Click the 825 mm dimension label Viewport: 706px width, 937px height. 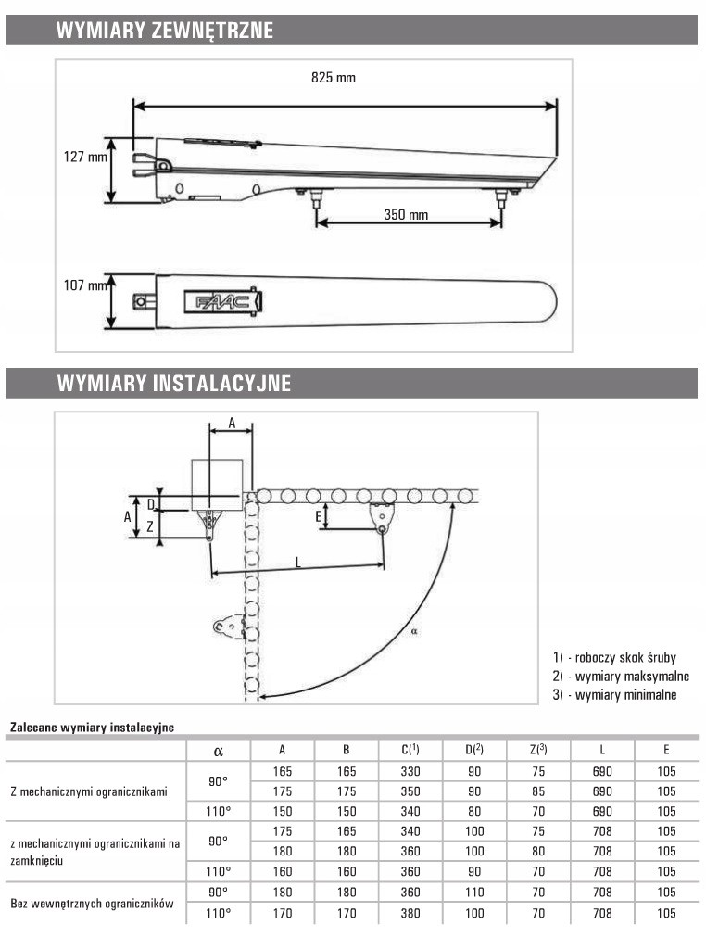334,78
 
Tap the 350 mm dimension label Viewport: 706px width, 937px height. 406,215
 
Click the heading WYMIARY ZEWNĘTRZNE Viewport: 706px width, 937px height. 165,31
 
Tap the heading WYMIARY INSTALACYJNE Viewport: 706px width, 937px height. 174,383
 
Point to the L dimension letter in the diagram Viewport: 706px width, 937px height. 296,561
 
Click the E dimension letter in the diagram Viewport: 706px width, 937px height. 318,515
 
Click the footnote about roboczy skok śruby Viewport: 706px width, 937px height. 614,657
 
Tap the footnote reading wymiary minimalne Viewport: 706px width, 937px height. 614,694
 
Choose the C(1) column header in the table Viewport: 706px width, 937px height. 411,749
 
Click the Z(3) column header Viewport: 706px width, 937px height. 537,749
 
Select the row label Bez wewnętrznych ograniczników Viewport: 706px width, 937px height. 92,902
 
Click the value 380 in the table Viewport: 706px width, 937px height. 410,914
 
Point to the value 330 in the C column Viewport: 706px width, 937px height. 410,771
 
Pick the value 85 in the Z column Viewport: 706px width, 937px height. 537,791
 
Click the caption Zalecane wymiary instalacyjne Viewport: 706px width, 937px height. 92,728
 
